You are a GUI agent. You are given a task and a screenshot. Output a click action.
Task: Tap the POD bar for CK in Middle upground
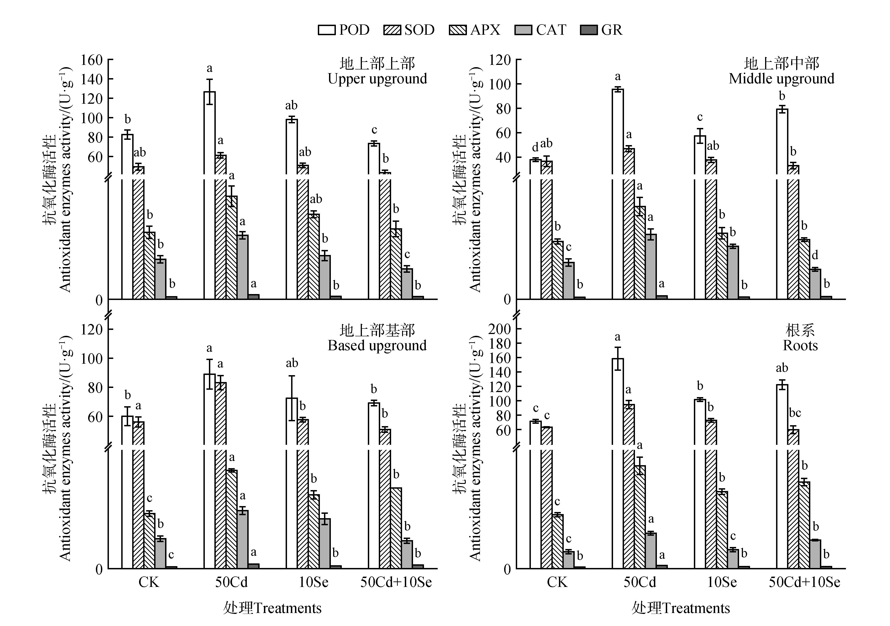[x=535, y=229]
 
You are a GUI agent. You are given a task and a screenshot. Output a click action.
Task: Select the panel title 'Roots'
[x=800, y=345]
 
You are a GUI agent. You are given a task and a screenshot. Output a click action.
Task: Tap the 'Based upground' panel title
[x=377, y=345]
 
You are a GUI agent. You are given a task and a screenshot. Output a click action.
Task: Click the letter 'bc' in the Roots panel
[x=795, y=413]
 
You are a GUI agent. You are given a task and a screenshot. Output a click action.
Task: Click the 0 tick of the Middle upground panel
[x=507, y=300]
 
